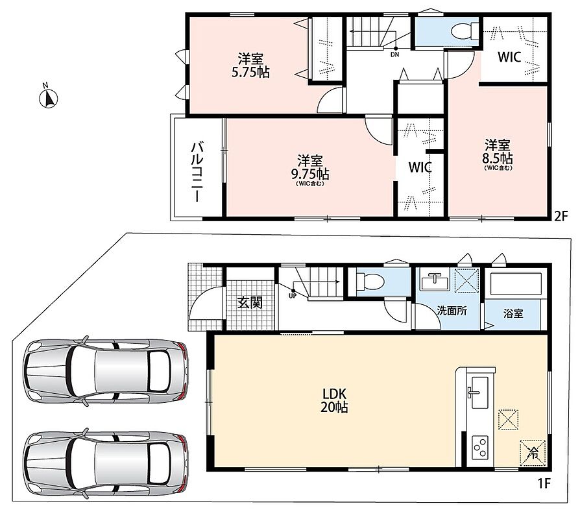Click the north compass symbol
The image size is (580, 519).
click(x=49, y=98)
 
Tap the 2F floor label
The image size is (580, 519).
click(x=561, y=215)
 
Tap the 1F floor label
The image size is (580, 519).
click(x=544, y=483)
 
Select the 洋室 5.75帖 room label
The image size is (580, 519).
click(x=250, y=66)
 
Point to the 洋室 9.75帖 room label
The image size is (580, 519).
click(x=310, y=170)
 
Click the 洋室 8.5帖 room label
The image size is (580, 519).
click(x=498, y=155)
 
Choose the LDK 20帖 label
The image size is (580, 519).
click(x=333, y=400)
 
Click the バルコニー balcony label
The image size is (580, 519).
click(x=197, y=172)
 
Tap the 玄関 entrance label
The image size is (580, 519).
click(x=250, y=303)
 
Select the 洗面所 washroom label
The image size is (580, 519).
click(x=452, y=310)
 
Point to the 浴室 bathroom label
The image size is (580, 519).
click(x=513, y=314)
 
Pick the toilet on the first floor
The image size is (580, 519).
click(x=369, y=281)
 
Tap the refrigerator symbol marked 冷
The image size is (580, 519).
click(x=533, y=452)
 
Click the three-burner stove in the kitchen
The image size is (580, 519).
click(x=479, y=447)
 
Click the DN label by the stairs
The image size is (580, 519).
click(x=395, y=54)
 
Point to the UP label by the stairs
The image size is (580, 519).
click(x=293, y=296)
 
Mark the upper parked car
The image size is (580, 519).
click(x=105, y=370)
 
